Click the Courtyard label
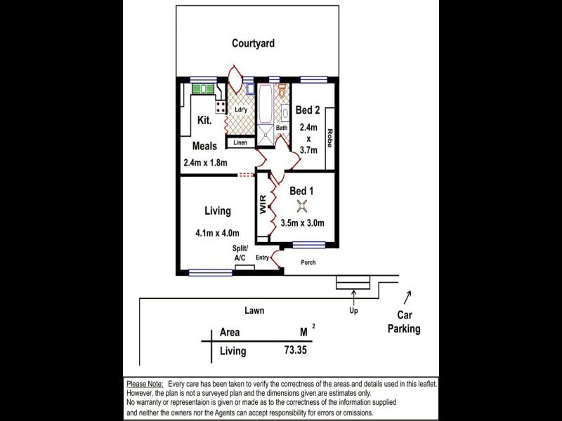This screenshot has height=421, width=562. coord(253,44)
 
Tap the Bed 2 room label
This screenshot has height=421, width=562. coord(308,110)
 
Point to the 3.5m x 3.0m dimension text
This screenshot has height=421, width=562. coord(302,224)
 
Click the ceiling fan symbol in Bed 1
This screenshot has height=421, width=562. coord(302,205)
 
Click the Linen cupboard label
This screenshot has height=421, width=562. coord(240,143)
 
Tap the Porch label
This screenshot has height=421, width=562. coord(308,262)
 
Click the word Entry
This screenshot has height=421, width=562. coord(262,258)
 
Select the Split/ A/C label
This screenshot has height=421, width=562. coord(240,253)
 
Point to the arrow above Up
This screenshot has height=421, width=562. coord(353,294)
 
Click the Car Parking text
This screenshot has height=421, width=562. coord(404,323)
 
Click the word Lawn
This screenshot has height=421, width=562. coord(254,310)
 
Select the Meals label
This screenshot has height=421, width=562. coord(204,147)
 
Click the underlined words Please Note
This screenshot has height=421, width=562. coord(145,385)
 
